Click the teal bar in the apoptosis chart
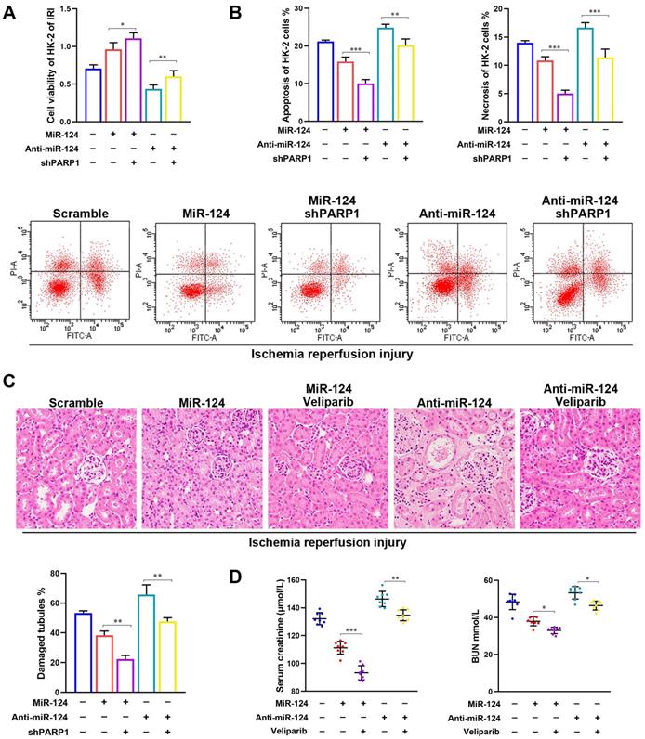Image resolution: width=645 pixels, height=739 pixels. pos(384,74)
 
